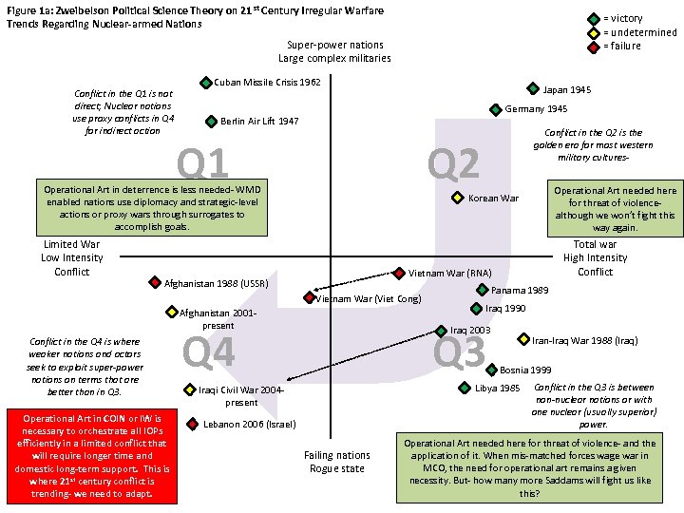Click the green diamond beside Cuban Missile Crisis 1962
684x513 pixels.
[206, 83]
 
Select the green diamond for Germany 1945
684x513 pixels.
[495, 109]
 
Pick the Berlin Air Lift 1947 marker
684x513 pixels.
[211, 122]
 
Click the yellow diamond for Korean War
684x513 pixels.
[457, 198]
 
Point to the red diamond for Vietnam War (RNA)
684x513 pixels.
[400, 273]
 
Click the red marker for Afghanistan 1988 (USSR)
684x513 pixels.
[156, 282]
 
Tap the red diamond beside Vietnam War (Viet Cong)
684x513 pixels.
[310, 297]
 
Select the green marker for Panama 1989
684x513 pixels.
[483, 290]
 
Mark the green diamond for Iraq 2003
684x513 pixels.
[441, 330]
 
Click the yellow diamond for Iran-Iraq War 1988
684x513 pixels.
[522, 338]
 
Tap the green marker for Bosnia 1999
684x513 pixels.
[491, 369]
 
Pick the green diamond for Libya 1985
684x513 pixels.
[465, 387]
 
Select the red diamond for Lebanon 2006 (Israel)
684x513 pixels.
[193, 424]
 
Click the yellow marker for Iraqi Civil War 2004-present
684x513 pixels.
[188, 389]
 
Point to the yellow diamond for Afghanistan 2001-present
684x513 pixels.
[171, 312]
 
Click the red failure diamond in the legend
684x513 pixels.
[593, 46]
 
